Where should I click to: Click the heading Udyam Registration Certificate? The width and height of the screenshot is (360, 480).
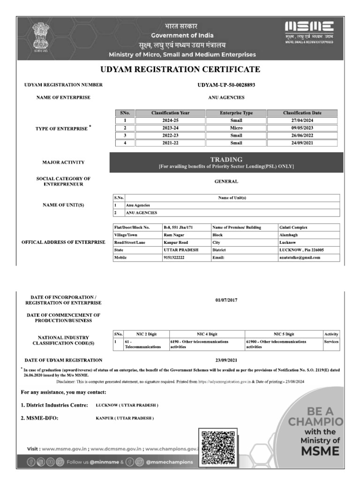pyautogui.click(x=180, y=69)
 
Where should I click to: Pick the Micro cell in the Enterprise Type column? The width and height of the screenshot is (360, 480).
pyautogui.click(x=236, y=128)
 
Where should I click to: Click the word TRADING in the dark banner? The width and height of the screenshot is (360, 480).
pyautogui.click(x=226, y=160)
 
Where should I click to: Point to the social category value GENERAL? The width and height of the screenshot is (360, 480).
pyautogui.click(x=226, y=181)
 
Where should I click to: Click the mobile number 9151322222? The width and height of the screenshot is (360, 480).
pyautogui.click(x=174, y=257)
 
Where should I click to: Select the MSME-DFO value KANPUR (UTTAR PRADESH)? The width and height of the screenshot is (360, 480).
pyautogui.click(x=121, y=418)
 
